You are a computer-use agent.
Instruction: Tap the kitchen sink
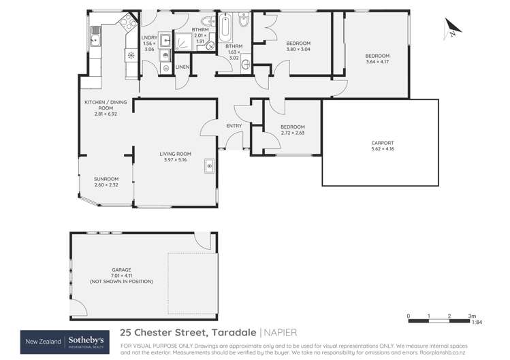(x=96, y=40)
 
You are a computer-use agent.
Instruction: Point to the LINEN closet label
(x=182, y=67)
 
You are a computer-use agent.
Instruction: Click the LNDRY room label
(x=148, y=38)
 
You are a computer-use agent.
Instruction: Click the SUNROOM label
(x=106, y=179)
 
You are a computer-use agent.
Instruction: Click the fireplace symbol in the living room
(x=210, y=165)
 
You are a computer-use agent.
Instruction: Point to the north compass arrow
(x=451, y=29)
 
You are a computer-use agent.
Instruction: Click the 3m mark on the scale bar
(x=471, y=316)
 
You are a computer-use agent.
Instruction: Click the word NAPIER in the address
(x=283, y=333)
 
